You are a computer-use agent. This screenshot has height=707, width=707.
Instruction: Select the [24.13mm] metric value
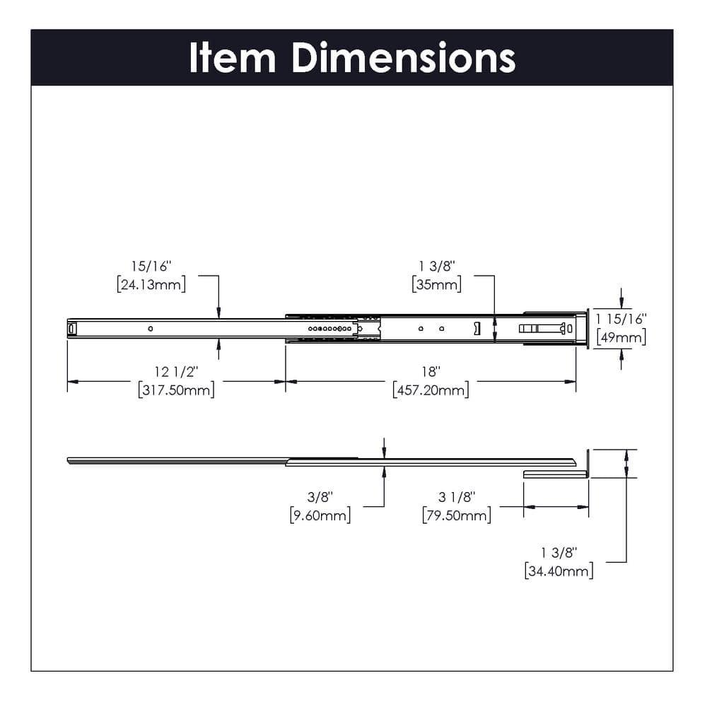(151, 285)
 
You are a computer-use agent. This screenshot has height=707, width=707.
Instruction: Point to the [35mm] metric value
(436, 285)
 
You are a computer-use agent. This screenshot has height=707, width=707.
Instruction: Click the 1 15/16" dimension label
(621, 319)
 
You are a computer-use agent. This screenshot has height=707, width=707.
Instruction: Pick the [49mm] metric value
(621, 337)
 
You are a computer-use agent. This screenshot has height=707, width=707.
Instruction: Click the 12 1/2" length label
(177, 371)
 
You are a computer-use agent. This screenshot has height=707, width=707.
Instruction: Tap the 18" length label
(431, 371)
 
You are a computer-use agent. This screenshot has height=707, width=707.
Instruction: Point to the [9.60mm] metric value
(320, 515)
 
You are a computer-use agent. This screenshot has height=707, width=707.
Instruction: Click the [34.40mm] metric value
(559, 571)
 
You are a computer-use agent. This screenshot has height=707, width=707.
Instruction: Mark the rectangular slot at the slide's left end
(71, 328)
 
